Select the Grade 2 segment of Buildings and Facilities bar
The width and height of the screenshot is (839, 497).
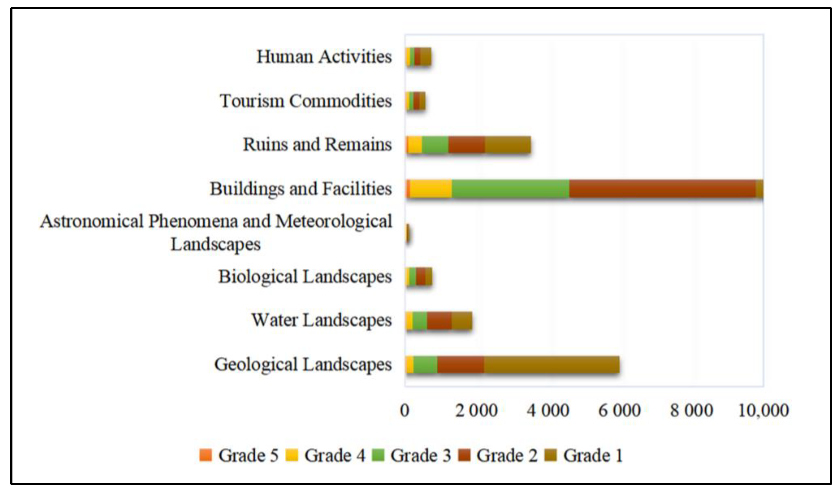[662, 189]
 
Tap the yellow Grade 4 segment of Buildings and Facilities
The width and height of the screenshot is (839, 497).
[431, 189]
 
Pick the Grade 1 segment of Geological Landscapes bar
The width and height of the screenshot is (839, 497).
[551, 365]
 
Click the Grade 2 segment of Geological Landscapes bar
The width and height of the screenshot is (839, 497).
[460, 365]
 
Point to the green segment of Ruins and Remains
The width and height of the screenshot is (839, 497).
[435, 145]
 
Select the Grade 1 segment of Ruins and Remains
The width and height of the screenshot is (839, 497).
[508, 145]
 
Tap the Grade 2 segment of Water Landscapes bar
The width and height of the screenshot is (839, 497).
[439, 321]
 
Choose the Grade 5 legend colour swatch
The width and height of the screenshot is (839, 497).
[205, 455]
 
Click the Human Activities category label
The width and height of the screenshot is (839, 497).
[324, 57]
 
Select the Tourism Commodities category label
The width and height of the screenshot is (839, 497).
[305, 101]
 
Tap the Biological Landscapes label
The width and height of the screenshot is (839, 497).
[305, 277]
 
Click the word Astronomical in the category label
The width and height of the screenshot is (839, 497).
[92, 221]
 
